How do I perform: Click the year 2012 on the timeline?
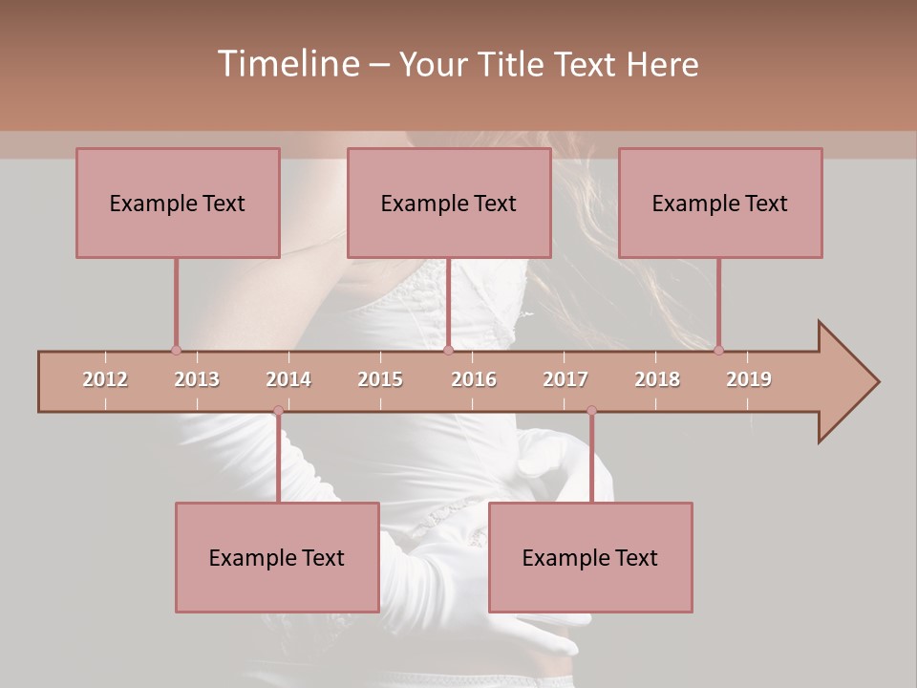pyautogui.click(x=105, y=379)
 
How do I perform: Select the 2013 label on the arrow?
pyautogui.click(x=197, y=379)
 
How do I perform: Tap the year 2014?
pyautogui.click(x=288, y=379)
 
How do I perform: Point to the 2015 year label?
pyautogui.click(x=380, y=379)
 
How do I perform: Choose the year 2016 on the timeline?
pyautogui.click(x=474, y=379)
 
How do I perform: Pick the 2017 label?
pyautogui.click(x=565, y=379)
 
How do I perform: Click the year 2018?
pyautogui.click(x=657, y=379)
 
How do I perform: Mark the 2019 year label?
pyautogui.click(x=749, y=379)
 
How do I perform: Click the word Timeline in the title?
pyautogui.click(x=287, y=64)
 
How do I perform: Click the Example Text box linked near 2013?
pyautogui.click(x=178, y=204)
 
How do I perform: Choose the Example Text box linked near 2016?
pyautogui.click(x=449, y=204)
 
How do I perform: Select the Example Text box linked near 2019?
pyautogui.click(x=720, y=204)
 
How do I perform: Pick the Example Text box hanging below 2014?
pyautogui.click(x=277, y=558)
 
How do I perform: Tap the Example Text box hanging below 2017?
pyautogui.click(x=590, y=558)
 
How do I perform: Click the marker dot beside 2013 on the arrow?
pyautogui.click(x=176, y=351)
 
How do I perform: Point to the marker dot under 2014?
pyautogui.click(x=278, y=411)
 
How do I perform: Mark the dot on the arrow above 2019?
pyautogui.click(x=718, y=351)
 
